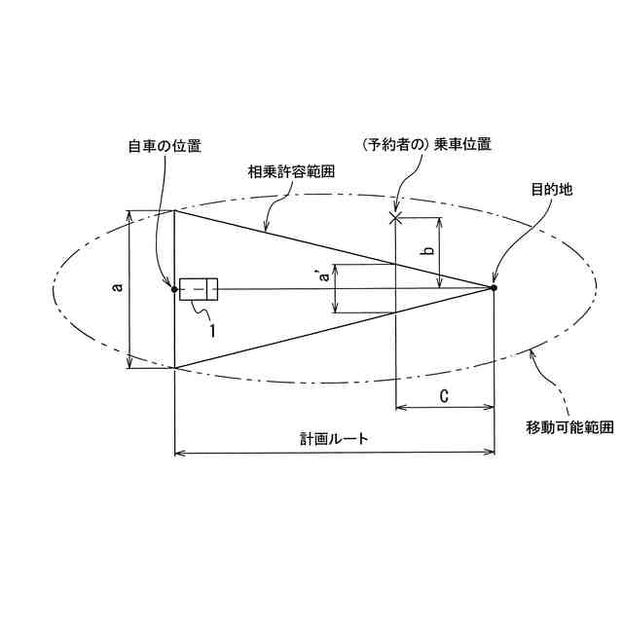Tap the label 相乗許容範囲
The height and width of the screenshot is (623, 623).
click(x=289, y=170)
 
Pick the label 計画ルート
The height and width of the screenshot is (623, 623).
click(x=334, y=438)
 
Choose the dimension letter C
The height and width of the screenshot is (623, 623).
click(x=444, y=394)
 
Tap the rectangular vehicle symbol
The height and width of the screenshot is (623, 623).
click(x=199, y=288)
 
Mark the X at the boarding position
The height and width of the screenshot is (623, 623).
click(x=395, y=217)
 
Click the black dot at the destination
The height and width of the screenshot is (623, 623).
click(x=494, y=287)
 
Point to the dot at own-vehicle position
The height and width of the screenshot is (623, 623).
click(x=174, y=288)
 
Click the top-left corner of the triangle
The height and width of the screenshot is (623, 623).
click(x=174, y=210)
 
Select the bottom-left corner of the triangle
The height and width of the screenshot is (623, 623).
click(x=174, y=369)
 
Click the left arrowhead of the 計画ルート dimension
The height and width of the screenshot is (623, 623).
click(x=179, y=452)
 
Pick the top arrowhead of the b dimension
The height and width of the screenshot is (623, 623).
click(x=441, y=221)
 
